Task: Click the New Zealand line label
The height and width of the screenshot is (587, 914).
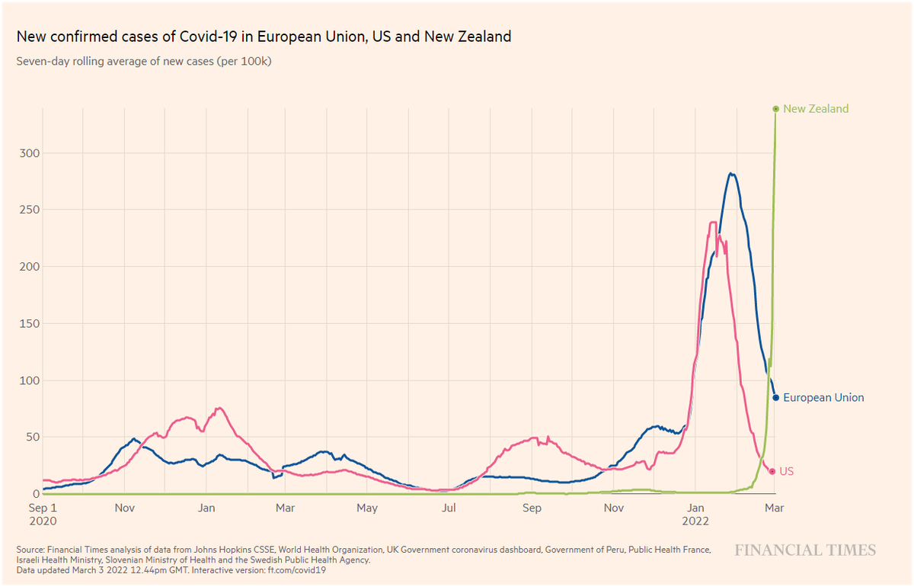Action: pyautogui.click(x=815, y=109)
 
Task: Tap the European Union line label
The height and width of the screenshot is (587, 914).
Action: pyautogui.click(x=823, y=397)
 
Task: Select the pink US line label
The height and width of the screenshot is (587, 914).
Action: pyautogui.click(x=787, y=472)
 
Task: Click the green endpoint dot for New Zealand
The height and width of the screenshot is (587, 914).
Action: pyautogui.click(x=775, y=109)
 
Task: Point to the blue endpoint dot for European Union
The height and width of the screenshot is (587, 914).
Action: pyautogui.click(x=775, y=397)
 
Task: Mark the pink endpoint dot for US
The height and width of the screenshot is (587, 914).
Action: pyautogui.click(x=772, y=472)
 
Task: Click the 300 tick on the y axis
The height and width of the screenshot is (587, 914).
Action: pyautogui.click(x=28, y=153)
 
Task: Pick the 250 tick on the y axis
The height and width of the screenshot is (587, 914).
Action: pyautogui.click(x=28, y=210)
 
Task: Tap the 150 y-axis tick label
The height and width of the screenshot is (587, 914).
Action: pyautogui.click(x=28, y=323)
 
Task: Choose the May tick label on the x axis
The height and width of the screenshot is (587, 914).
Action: pyautogui.click(x=367, y=508)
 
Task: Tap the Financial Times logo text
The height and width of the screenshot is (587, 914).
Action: pyautogui.click(x=805, y=550)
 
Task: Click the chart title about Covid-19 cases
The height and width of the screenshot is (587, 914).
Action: pyautogui.click(x=264, y=37)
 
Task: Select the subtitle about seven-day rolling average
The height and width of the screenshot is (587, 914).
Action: pyautogui.click(x=144, y=62)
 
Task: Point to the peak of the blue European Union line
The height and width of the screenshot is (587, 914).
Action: pyautogui.click(x=731, y=174)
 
